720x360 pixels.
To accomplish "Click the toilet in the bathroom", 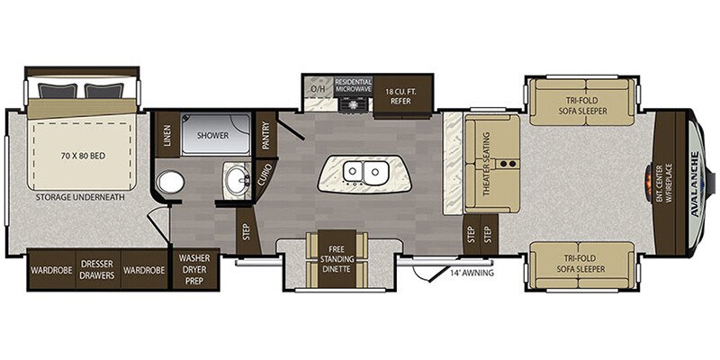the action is click(170, 183).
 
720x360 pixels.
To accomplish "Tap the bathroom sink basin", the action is click(238, 177).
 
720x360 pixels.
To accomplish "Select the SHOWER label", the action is click(212, 136).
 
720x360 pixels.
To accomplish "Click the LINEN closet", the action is click(167, 134).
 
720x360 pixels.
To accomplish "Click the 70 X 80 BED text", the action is click(83, 156).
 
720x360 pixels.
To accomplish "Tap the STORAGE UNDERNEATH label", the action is click(80, 197).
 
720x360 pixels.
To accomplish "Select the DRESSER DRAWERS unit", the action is click(98, 270).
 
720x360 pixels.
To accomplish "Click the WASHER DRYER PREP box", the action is click(194, 269).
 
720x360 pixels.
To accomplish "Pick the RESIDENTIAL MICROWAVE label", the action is click(353, 85).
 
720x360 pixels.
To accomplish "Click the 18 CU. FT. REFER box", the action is click(402, 96).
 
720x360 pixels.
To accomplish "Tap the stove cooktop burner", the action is click(354, 105).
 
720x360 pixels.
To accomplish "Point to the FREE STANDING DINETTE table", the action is click(337, 258).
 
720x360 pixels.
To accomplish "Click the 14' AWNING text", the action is click(472, 273).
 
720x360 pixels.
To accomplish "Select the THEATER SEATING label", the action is click(486, 164).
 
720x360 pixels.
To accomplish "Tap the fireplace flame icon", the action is click(648, 183).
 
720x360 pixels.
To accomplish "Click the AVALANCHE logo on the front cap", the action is click(695, 183).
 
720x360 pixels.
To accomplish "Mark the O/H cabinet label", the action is click(318, 88).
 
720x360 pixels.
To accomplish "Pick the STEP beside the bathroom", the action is click(245, 229).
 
